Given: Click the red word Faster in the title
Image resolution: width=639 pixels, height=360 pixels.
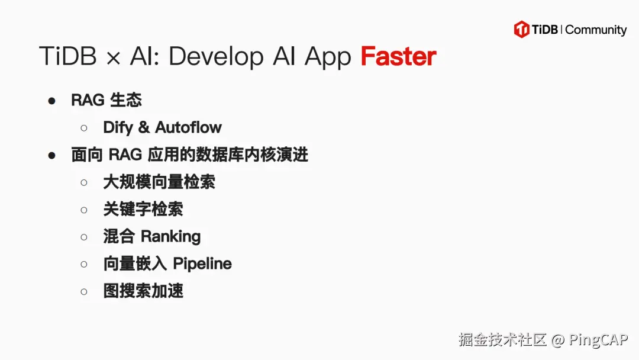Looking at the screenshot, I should [398, 57].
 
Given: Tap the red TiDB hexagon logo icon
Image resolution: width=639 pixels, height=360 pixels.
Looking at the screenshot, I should [521, 30].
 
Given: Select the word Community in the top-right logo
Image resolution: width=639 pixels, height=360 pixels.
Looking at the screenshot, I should [596, 30].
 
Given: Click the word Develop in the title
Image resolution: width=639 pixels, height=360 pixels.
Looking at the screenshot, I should [215, 57].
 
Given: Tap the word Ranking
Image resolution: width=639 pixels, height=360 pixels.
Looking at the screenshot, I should [170, 236].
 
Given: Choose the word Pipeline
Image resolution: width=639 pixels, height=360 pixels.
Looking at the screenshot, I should [202, 263].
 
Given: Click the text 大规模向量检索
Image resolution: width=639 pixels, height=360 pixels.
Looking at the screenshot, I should [159, 182].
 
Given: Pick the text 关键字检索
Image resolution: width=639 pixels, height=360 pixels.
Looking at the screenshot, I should [143, 209].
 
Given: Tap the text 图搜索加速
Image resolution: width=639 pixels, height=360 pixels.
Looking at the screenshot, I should [143, 291].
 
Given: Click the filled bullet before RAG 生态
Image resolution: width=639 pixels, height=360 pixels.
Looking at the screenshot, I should [52, 101].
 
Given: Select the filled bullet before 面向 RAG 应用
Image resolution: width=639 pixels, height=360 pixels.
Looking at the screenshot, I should [52, 155].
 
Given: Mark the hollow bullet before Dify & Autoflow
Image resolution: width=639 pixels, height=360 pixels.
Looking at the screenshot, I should [84, 128].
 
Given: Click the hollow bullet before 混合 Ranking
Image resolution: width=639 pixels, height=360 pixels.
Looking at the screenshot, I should [84, 237].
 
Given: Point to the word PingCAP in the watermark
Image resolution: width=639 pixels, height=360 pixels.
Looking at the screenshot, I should [598, 340].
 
